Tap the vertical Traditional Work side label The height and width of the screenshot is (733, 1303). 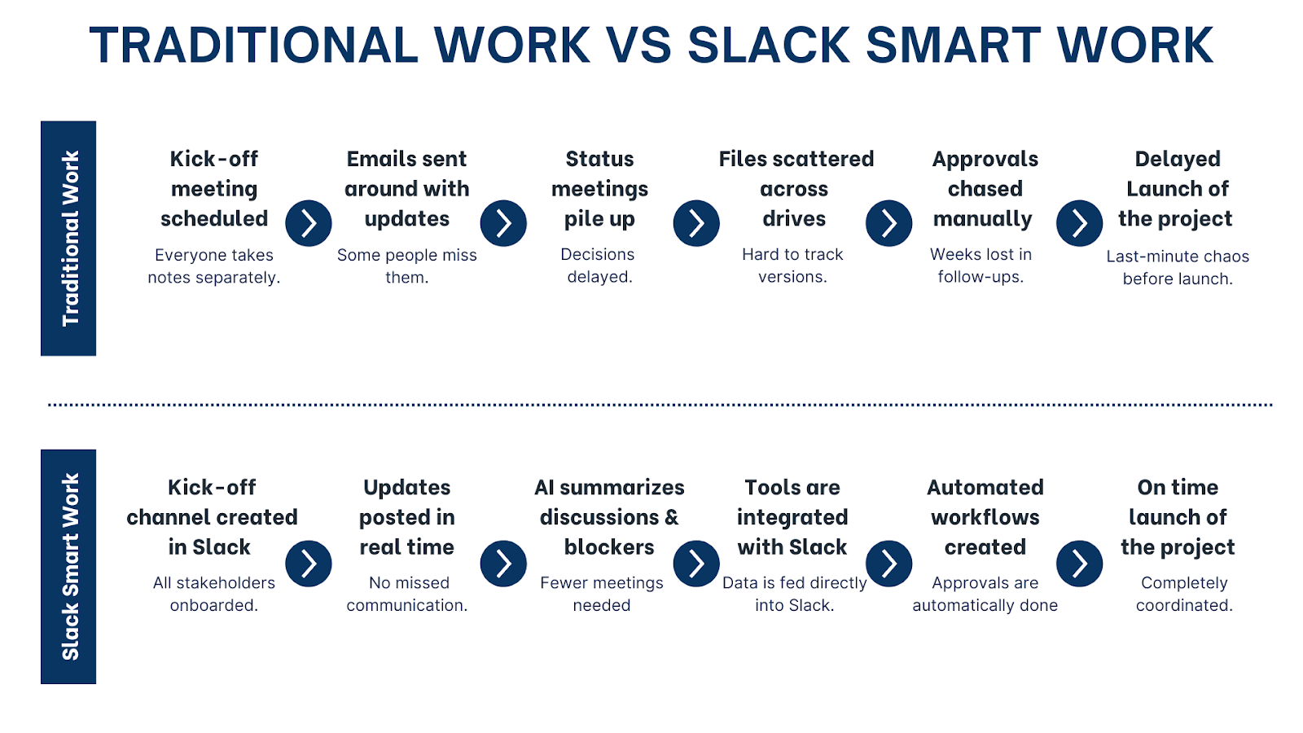click(x=69, y=238)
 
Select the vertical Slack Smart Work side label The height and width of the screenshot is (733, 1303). click(x=69, y=566)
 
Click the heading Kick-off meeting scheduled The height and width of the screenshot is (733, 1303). click(x=214, y=189)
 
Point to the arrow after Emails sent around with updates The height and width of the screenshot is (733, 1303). click(x=503, y=223)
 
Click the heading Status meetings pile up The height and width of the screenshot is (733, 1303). click(x=599, y=189)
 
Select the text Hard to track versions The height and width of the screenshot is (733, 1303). click(x=792, y=266)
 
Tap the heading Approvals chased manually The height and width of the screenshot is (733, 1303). click(x=984, y=189)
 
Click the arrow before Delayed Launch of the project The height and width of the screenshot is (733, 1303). click(x=1079, y=223)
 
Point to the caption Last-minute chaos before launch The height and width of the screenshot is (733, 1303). click(x=1178, y=267)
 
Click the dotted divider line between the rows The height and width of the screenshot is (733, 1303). click(x=660, y=404)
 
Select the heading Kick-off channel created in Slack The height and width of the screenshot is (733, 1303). click(x=212, y=517)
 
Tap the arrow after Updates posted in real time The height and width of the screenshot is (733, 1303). click(x=503, y=563)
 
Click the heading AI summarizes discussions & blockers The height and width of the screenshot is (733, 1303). click(x=609, y=517)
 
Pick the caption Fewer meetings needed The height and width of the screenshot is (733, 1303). click(x=601, y=594)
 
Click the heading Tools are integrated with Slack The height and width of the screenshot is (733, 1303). click(x=792, y=517)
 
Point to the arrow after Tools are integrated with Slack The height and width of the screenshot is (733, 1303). click(x=888, y=563)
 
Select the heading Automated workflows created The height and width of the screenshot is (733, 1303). click(x=985, y=517)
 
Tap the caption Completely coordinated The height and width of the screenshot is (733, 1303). click(x=1184, y=594)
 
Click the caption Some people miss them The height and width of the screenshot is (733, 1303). click(x=406, y=266)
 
